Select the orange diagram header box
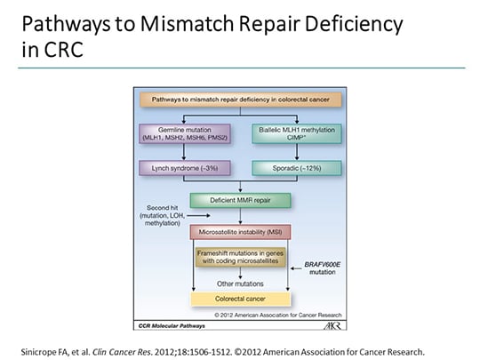240,100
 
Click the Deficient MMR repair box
240,202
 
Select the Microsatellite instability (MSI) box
240,232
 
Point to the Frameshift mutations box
240,259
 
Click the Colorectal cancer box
240,300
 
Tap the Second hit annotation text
158,214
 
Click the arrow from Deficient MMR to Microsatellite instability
240,218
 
